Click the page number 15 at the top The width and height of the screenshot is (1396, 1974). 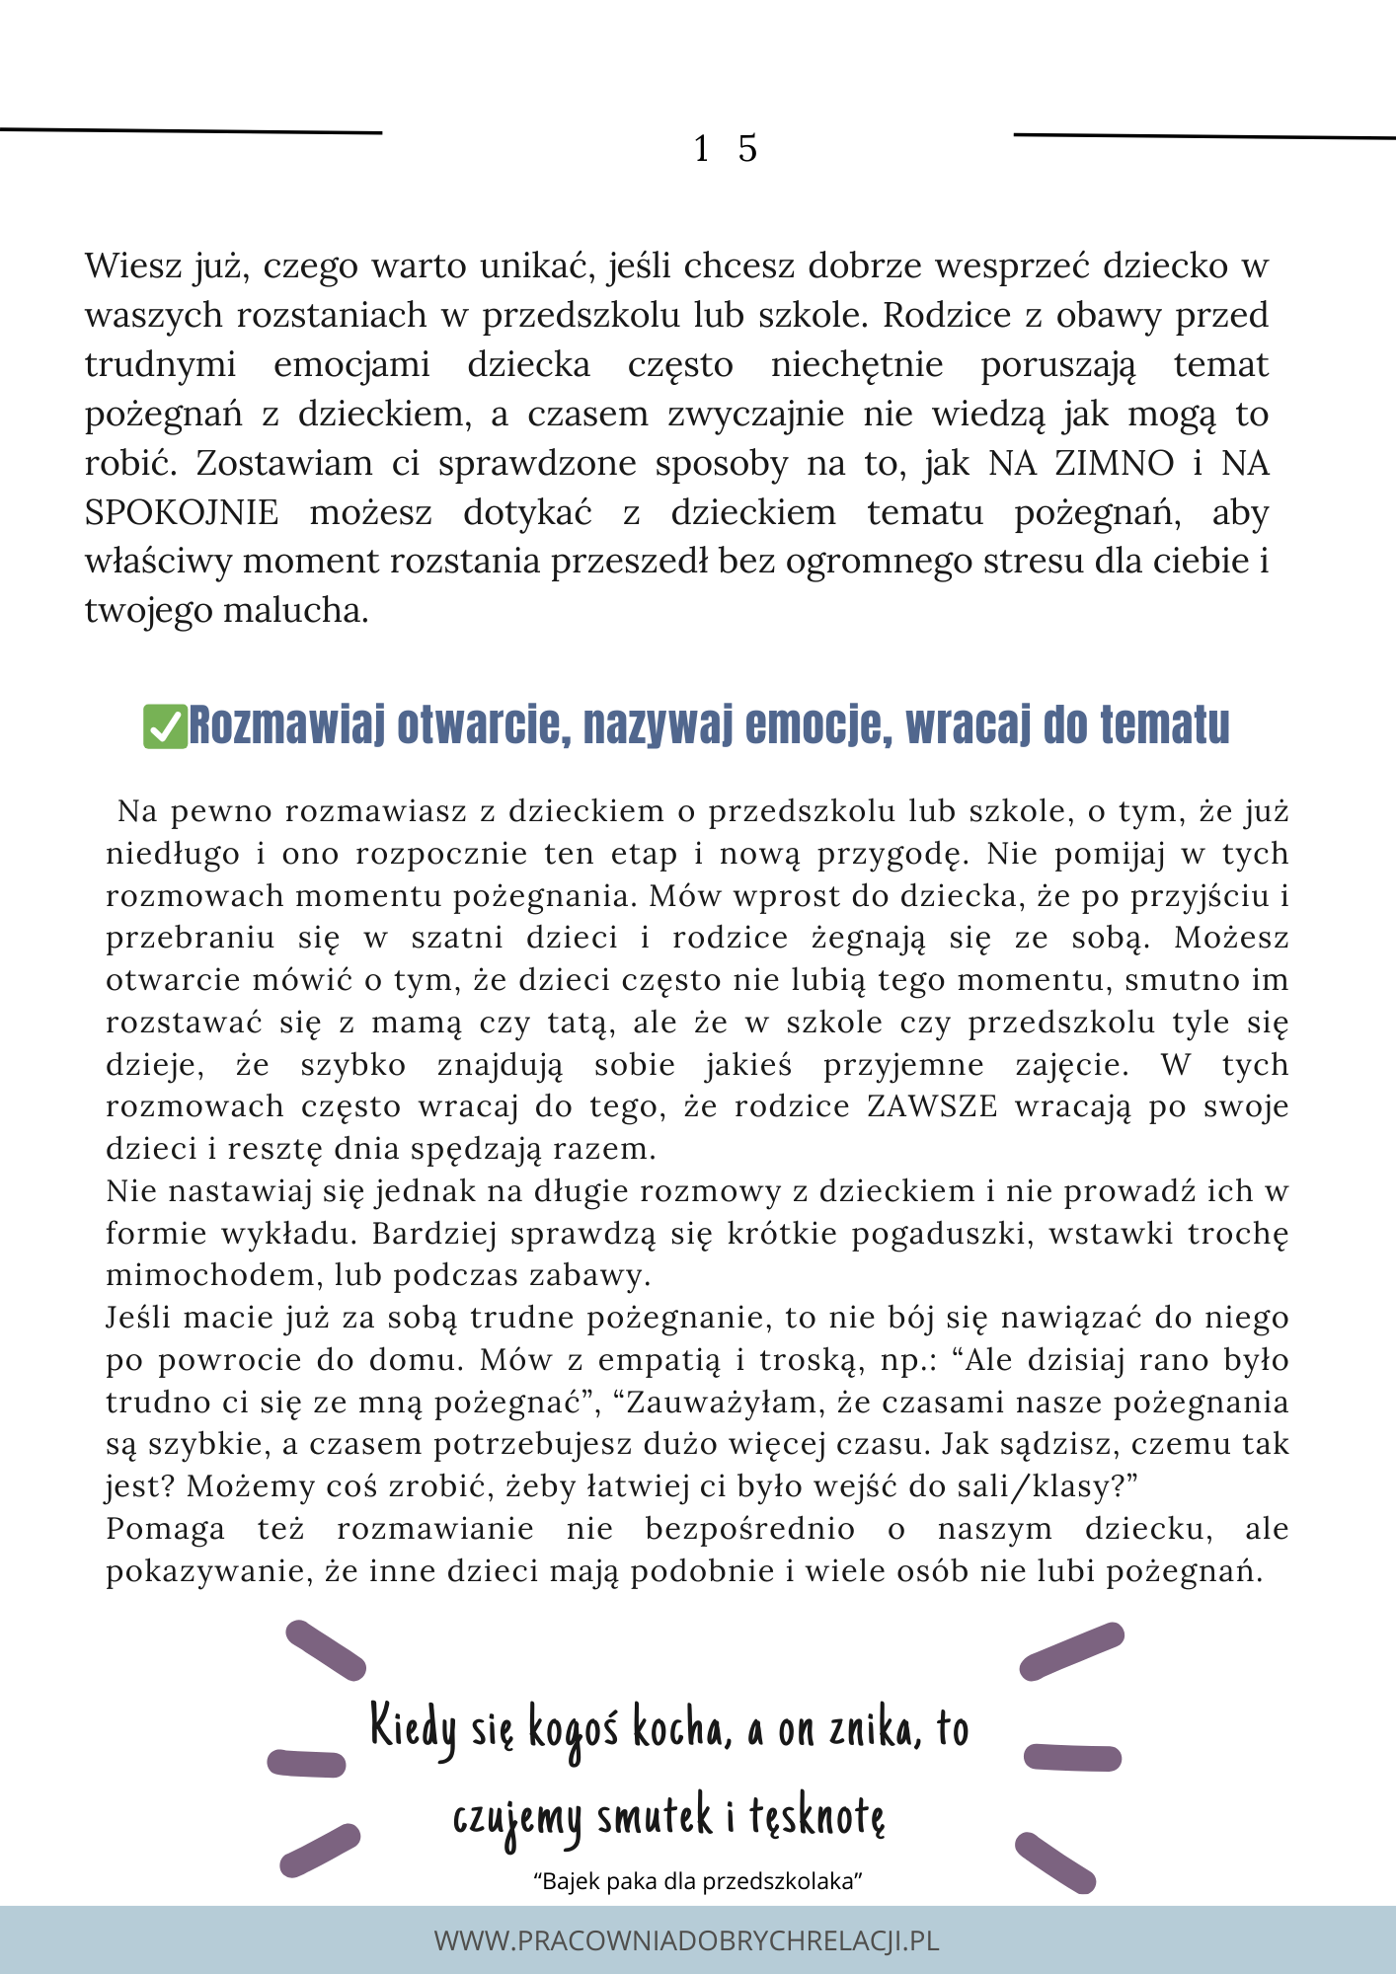click(x=726, y=149)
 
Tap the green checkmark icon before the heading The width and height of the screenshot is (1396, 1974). click(x=165, y=726)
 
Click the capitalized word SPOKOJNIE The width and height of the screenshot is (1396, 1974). click(x=182, y=512)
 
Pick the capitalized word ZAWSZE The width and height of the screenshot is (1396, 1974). click(x=932, y=1106)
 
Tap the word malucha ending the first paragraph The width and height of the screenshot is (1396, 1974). click(x=295, y=610)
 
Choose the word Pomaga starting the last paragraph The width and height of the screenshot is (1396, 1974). click(x=165, y=1529)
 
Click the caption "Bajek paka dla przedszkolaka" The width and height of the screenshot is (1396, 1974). click(x=698, y=1881)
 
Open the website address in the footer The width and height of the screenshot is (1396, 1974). click(x=686, y=1940)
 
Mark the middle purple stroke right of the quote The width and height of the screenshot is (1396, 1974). click(x=1072, y=1757)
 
